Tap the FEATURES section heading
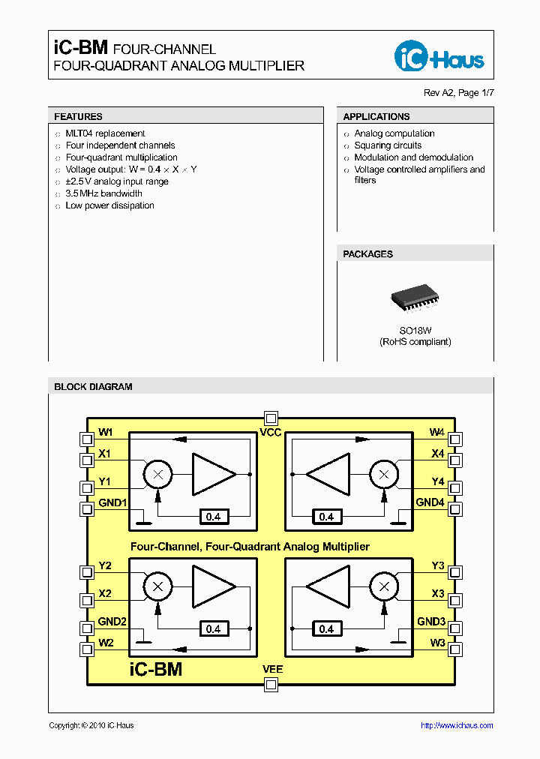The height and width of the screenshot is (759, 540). [x=78, y=117]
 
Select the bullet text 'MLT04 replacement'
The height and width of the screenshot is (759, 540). [x=105, y=133]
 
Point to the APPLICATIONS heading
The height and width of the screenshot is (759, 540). [x=376, y=117]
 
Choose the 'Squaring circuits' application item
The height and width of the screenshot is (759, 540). [x=388, y=145]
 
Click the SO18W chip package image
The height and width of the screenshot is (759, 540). [x=415, y=300]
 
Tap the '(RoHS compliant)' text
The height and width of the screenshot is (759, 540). [x=415, y=342]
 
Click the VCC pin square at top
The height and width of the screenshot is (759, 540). [x=271, y=418]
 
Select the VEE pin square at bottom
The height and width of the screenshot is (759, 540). [x=271, y=683]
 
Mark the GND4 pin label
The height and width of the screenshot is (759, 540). [x=430, y=502]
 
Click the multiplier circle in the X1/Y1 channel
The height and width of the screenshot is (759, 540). [x=157, y=474]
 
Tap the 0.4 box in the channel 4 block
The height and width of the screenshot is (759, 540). [x=326, y=517]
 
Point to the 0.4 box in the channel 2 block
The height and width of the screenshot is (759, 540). [x=214, y=629]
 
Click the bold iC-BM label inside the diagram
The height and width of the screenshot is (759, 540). [x=156, y=669]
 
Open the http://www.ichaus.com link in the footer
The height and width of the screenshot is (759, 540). [x=457, y=725]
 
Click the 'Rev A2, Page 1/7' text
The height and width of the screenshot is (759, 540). [x=459, y=93]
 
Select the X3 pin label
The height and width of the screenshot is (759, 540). [x=438, y=594]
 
